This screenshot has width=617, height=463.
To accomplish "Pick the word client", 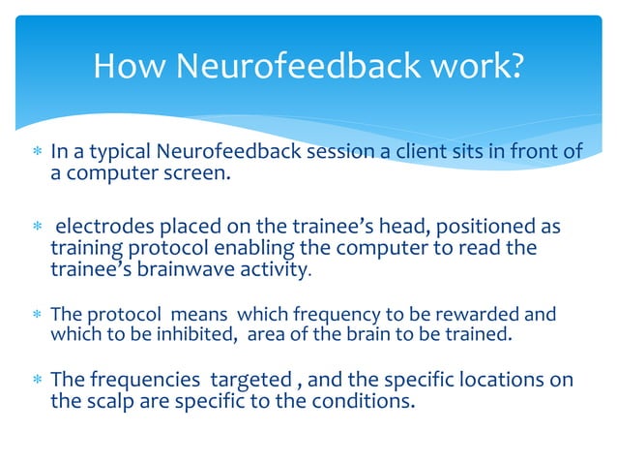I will (x=405, y=151).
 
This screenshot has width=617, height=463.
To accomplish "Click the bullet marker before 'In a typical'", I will (x=36, y=152).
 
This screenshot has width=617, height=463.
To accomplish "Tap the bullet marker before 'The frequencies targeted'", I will (x=36, y=380).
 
